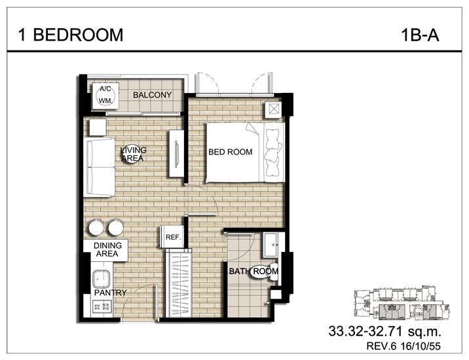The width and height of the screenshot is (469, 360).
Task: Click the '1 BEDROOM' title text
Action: (66, 35)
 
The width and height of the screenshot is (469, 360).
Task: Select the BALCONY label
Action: (152, 95)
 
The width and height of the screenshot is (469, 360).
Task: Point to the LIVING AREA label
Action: (133, 154)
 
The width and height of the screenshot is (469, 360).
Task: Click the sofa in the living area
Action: (100, 167)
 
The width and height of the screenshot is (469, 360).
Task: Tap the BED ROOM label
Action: (230, 152)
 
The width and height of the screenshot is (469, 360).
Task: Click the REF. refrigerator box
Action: (173, 237)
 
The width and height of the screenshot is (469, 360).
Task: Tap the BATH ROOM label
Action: (253, 271)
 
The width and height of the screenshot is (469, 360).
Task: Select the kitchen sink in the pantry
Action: (100, 276)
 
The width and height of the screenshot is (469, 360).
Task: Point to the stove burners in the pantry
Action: (101, 306)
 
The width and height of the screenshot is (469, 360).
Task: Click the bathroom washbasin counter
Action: (271, 245)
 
